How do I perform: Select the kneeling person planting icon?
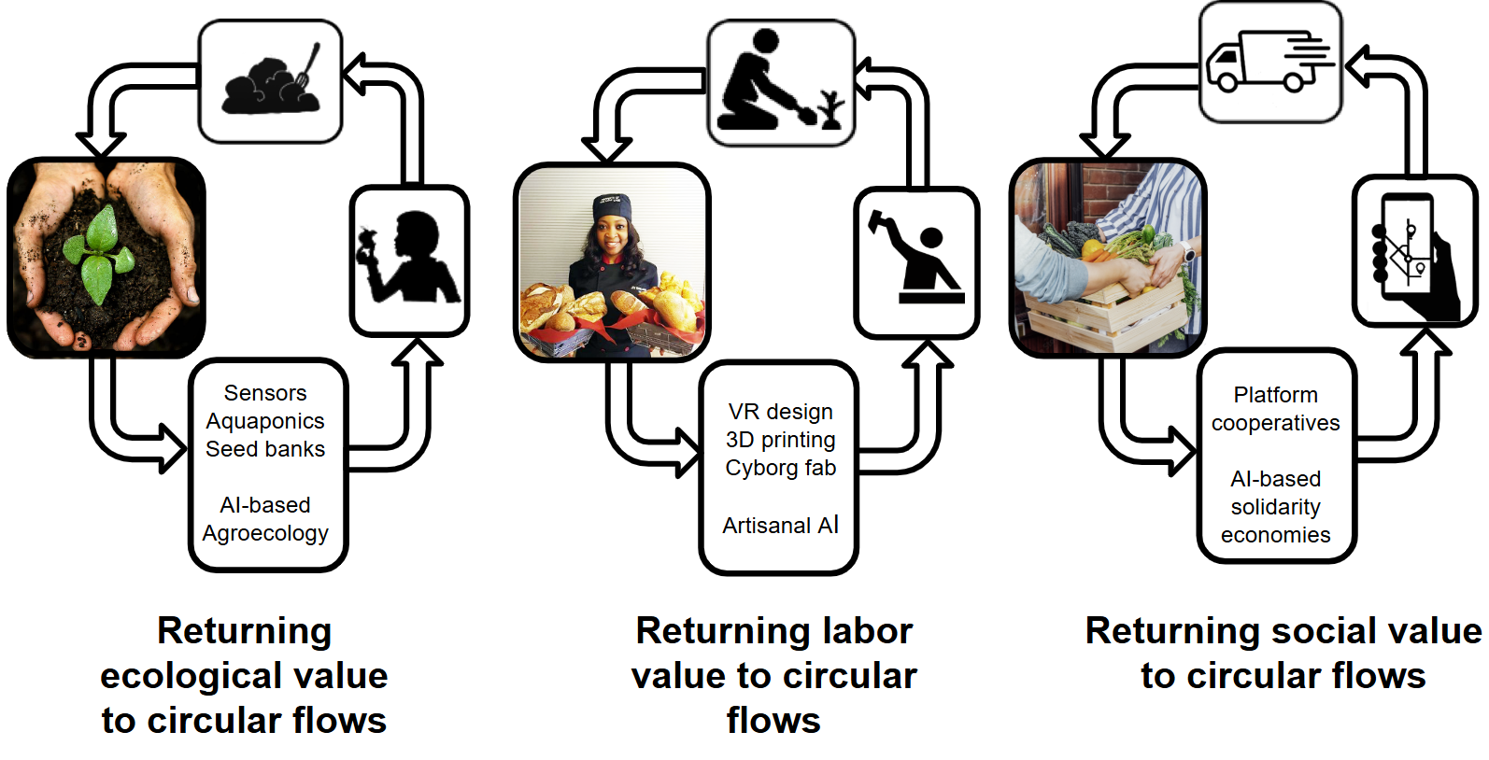[780, 84]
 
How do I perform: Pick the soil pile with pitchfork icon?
[271, 82]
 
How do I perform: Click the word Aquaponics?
[265, 421]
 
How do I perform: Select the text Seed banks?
[265, 449]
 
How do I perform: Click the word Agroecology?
[265, 533]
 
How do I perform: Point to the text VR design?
[780, 412]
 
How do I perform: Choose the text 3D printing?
[780, 440]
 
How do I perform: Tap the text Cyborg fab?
[780, 468]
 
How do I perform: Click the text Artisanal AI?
[780, 526]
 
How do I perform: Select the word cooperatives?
[1275, 423]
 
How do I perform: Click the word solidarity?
[1275, 507]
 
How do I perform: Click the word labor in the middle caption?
[866, 631]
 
